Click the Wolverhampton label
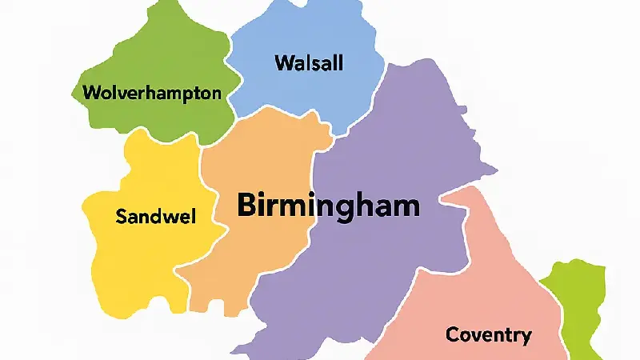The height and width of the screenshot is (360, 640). point(152,93)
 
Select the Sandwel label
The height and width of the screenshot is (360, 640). point(157,216)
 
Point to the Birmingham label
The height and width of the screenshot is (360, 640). point(328,206)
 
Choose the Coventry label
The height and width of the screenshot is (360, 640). point(488,334)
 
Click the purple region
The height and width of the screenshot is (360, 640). point(384,264)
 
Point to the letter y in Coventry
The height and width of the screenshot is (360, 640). point(525,338)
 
